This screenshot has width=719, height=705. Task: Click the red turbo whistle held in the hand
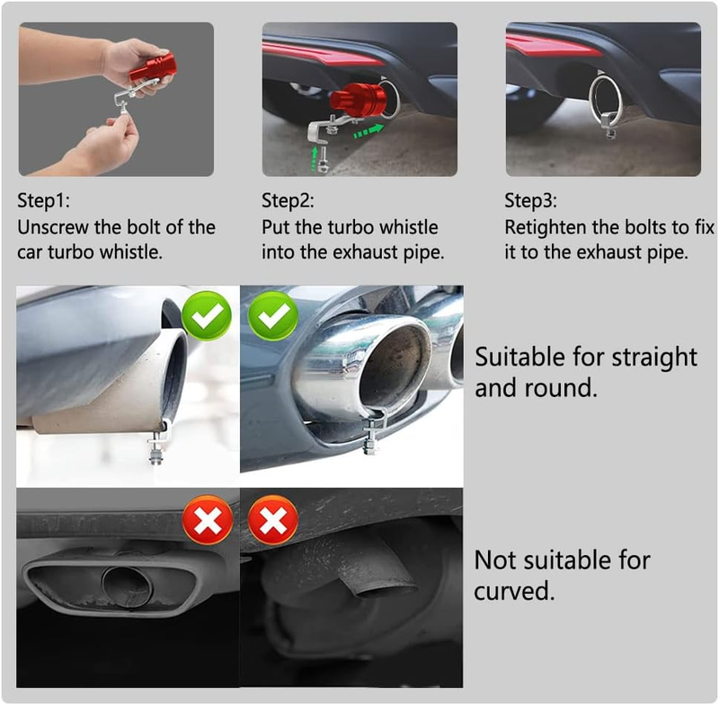(x=153, y=67)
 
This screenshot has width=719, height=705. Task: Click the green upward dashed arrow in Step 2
(x=315, y=159)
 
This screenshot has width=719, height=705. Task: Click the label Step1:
(x=43, y=200)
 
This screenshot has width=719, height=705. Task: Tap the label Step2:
(x=288, y=200)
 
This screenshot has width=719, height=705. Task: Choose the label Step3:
(x=531, y=200)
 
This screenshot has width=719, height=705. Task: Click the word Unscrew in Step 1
(x=53, y=227)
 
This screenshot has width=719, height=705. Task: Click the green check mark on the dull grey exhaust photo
(x=207, y=315)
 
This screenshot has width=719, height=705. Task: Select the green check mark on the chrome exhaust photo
(x=273, y=315)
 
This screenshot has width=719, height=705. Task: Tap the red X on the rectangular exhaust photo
(x=208, y=519)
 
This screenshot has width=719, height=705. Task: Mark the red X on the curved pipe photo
(x=273, y=519)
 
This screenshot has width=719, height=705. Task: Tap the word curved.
(x=514, y=590)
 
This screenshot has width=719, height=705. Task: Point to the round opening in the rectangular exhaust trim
(x=127, y=587)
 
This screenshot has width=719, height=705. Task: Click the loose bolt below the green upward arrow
(x=323, y=161)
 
